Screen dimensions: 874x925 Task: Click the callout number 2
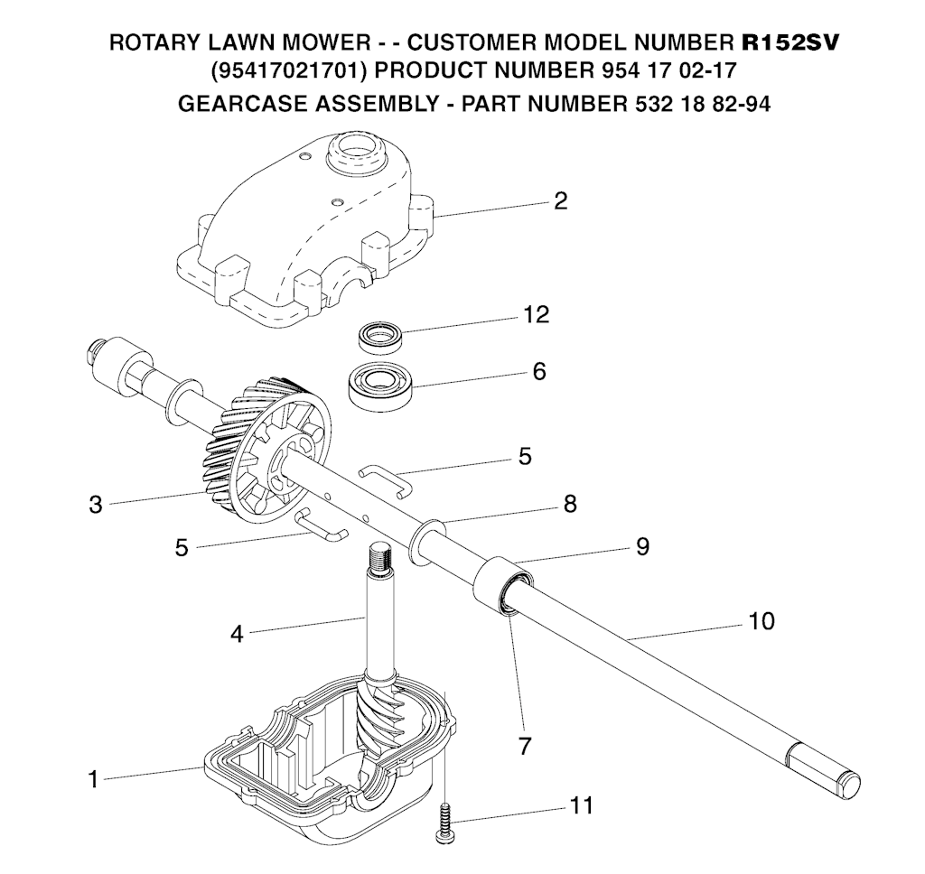(x=560, y=200)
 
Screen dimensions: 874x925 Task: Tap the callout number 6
(x=538, y=371)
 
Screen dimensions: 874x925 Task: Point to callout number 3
(x=96, y=505)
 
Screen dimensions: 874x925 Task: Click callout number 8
(x=570, y=504)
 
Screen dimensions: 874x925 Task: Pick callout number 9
(x=642, y=546)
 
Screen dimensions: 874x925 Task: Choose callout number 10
(x=761, y=621)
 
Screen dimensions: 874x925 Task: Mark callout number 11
(x=582, y=805)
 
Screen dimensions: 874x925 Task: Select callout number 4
(x=237, y=634)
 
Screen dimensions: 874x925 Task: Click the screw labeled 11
(x=444, y=824)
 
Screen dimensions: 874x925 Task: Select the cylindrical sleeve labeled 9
(x=500, y=585)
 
